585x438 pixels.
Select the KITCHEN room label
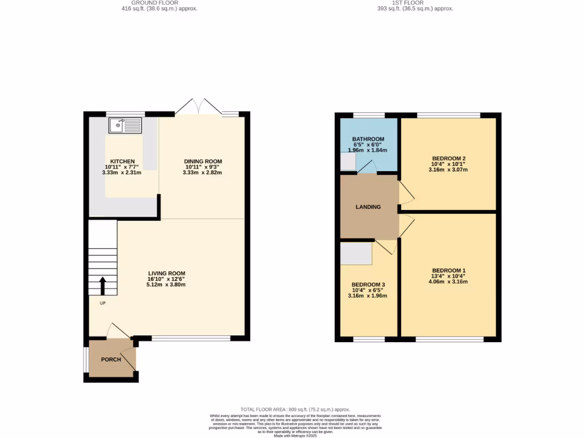click(122, 162)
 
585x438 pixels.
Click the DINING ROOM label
click(202, 161)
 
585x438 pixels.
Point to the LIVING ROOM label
click(166, 274)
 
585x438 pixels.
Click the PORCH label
click(111, 360)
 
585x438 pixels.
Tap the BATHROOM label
click(368, 139)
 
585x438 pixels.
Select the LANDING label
click(368, 207)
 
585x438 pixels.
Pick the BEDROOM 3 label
click(368, 285)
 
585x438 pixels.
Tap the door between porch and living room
click(119, 331)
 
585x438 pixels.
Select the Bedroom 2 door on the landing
click(406, 194)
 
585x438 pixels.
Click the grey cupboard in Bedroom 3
click(356, 254)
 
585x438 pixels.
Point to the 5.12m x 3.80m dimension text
click(166, 285)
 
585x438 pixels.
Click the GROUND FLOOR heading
click(159, 3)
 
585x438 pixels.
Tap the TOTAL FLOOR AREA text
click(295, 409)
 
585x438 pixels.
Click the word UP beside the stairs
click(103, 303)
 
